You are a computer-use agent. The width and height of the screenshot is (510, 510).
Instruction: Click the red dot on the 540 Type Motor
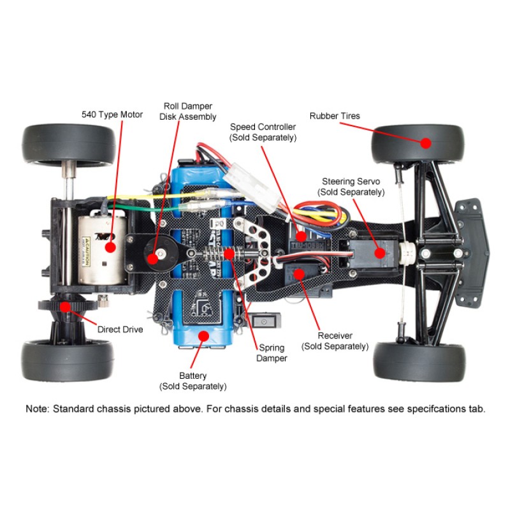[110, 247]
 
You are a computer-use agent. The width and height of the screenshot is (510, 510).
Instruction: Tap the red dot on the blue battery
[203, 336]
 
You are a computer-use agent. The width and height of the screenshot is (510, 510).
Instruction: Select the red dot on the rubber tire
[426, 143]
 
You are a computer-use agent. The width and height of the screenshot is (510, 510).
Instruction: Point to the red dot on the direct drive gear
[66, 307]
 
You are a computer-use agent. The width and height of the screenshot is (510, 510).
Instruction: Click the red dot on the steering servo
[379, 252]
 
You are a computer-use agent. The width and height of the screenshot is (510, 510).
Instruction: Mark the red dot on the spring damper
[229, 253]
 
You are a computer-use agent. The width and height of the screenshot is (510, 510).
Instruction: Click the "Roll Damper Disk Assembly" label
[187, 112]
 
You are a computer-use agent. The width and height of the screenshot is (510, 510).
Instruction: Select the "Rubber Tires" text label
[335, 116]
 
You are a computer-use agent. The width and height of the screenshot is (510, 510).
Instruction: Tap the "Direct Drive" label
[120, 330]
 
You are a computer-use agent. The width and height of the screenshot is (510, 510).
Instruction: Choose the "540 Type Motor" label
[112, 115]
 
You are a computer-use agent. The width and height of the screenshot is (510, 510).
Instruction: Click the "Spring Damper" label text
[272, 353]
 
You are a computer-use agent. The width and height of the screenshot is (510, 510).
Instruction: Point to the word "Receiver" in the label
[335, 335]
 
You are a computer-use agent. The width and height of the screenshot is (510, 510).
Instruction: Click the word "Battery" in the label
[193, 375]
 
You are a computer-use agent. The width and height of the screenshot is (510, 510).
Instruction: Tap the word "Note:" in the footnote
[38, 409]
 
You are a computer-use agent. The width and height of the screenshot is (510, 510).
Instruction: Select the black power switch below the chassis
[264, 321]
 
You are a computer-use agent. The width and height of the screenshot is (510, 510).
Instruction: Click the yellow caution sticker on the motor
[85, 251]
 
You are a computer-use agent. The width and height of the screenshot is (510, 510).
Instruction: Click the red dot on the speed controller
[302, 236]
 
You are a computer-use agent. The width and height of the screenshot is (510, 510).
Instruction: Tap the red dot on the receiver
[299, 274]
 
